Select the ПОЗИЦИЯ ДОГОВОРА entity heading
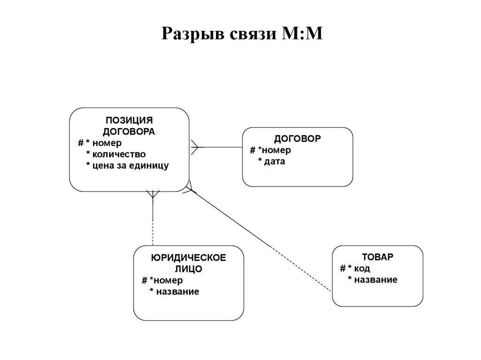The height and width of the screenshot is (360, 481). click(x=129, y=126)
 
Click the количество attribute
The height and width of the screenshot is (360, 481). click(x=119, y=154)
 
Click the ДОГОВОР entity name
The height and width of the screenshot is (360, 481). click(x=297, y=139)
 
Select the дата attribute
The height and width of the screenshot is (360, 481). click(x=275, y=161)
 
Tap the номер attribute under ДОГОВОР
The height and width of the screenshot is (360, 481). click(x=277, y=150)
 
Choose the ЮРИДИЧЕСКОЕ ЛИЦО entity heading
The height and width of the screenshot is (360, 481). click(x=188, y=263)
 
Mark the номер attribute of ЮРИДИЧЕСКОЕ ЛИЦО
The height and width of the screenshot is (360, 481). click(x=168, y=280)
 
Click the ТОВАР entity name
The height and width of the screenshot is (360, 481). click(x=378, y=257)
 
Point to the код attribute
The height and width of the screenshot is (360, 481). click(x=362, y=268)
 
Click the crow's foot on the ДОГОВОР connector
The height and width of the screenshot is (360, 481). click(x=196, y=147)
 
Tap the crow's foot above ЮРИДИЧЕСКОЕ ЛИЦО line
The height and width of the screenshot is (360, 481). click(x=153, y=195)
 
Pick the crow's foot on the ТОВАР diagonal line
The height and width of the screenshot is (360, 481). click(x=190, y=187)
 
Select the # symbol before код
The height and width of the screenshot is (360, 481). click(x=342, y=268)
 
